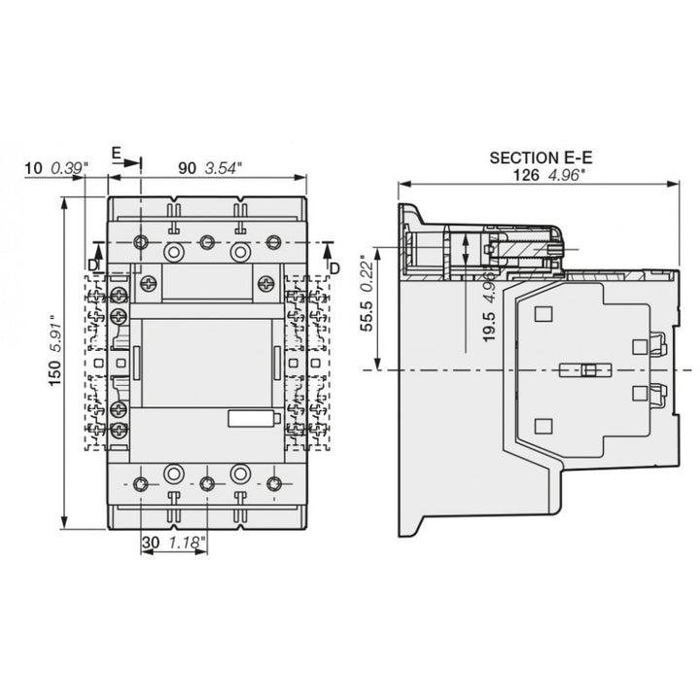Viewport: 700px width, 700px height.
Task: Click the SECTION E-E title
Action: (541, 158)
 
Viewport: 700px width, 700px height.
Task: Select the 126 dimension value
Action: (526, 175)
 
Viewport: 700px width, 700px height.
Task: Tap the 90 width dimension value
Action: (187, 168)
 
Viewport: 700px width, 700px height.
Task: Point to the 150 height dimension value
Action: (54, 373)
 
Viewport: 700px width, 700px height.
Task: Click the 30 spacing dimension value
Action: (151, 542)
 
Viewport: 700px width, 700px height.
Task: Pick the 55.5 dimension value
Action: (367, 316)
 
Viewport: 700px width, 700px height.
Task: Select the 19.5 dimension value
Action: (489, 327)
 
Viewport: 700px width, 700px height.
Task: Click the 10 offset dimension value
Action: (33, 169)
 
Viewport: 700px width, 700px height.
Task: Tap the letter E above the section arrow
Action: (116, 154)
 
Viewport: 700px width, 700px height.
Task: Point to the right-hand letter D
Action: (334, 268)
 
